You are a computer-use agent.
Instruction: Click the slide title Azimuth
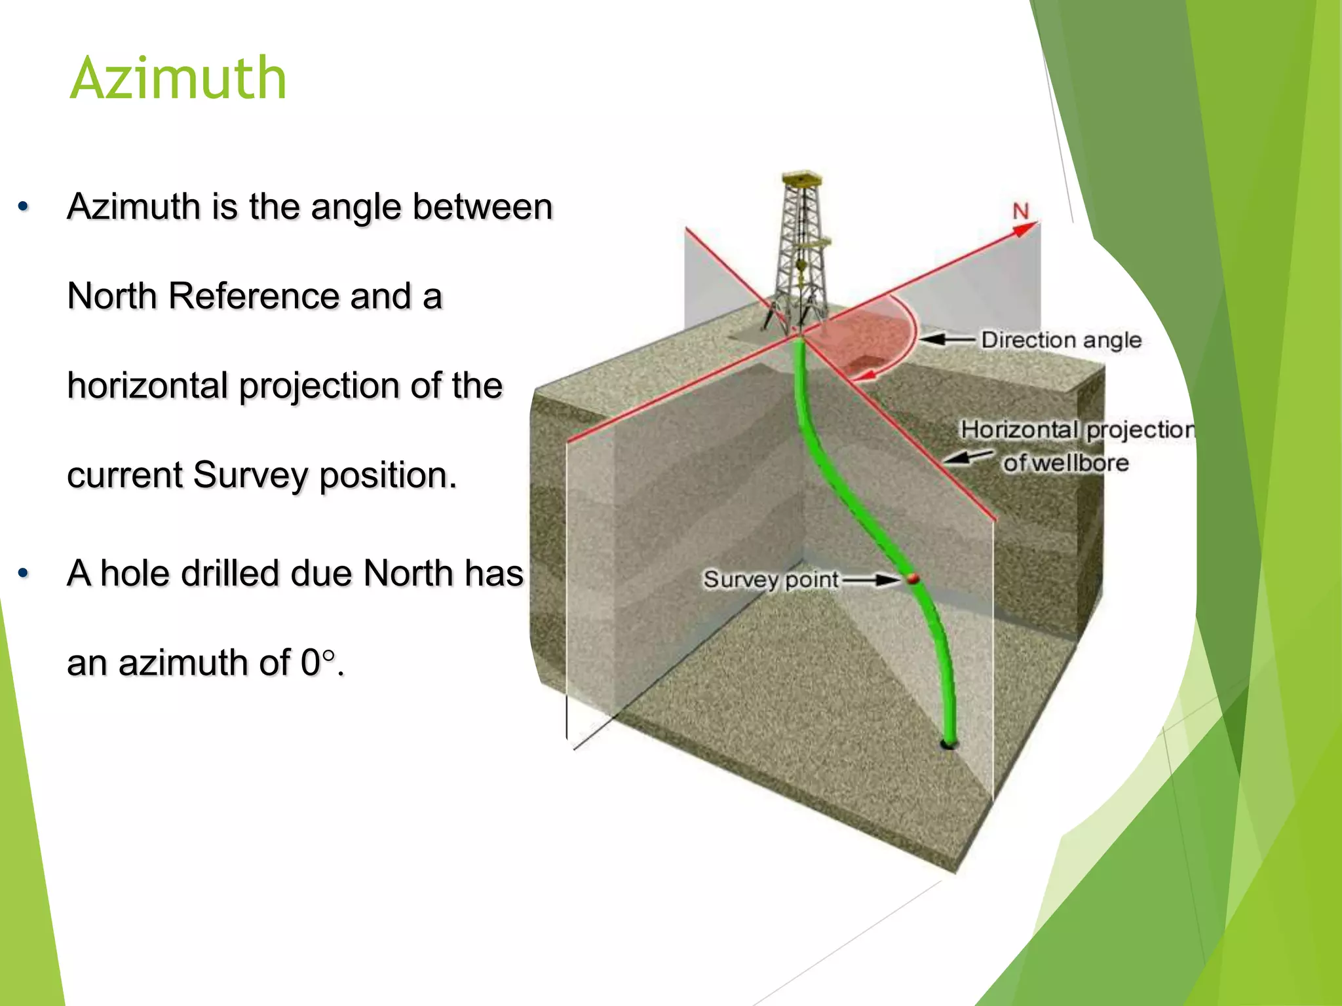tap(178, 79)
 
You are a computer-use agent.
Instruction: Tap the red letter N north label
tap(1021, 212)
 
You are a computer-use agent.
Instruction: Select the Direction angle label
tap(1061, 340)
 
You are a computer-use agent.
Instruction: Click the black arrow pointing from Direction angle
tap(946, 339)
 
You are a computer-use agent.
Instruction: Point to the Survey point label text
tap(771, 580)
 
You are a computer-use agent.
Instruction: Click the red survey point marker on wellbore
tap(912, 579)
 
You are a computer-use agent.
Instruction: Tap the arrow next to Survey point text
tap(870, 580)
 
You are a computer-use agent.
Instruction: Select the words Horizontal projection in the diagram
tap(1077, 430)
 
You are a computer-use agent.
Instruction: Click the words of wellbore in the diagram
tap(1066, 463)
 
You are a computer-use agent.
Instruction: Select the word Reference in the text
tap(254, 296)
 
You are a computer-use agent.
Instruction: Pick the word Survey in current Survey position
tap(250, 475)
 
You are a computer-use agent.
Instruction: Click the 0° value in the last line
tap(318, 662)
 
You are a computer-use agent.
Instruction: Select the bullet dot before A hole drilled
tap(24, 574)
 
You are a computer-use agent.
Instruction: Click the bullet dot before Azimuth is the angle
tap(24, 207)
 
